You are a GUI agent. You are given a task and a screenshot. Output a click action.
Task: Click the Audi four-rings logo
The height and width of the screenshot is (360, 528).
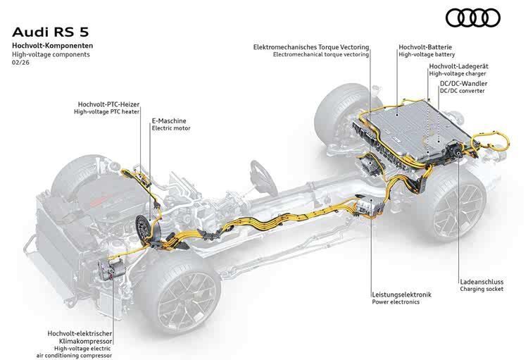click(473, 18)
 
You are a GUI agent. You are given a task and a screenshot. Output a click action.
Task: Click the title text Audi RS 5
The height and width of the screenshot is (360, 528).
click(51, 32)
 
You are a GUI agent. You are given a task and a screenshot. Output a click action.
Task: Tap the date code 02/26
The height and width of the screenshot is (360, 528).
click(21, 63)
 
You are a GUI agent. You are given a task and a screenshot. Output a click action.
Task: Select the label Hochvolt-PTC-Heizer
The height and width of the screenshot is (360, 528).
click(108, 104)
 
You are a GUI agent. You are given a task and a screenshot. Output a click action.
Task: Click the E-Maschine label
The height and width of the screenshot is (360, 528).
click(169, 120)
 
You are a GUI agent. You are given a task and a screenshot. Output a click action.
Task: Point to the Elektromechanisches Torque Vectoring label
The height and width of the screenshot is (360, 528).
click(311, 47)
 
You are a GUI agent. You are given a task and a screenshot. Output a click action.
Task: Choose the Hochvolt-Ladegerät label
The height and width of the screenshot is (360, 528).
click(458, 66)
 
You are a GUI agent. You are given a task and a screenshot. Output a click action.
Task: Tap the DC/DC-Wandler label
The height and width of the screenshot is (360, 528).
click(464, 84)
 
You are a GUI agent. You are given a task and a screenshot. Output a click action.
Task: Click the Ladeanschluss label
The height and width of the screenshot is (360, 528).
click(482, 282)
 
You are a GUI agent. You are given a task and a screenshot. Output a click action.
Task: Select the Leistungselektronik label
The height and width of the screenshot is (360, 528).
click(402, 294)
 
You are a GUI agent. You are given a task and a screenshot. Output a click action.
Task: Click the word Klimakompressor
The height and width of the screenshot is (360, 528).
click(85, 341)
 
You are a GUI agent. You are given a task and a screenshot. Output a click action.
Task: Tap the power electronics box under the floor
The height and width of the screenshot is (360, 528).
click(370, 206)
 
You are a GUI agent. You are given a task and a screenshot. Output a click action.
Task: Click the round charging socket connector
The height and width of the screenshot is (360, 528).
click(458, 154)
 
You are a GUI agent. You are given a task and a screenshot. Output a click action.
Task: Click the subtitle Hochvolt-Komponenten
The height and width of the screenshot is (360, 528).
click(53, 46)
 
